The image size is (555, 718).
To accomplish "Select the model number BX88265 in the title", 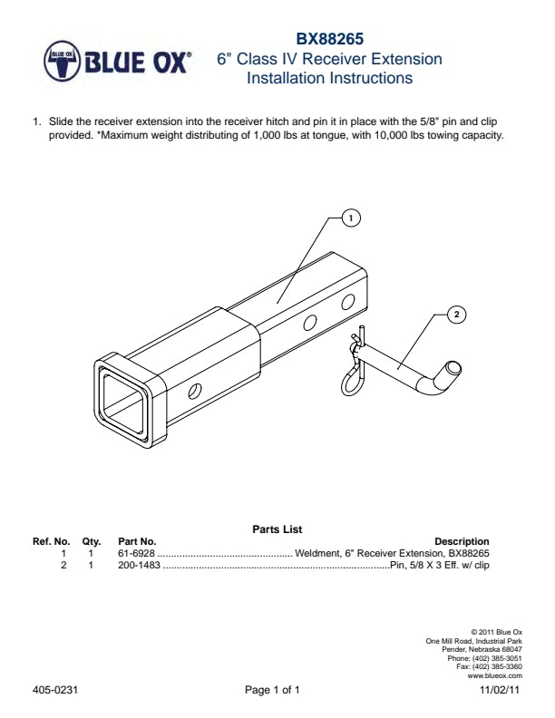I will [329, 40].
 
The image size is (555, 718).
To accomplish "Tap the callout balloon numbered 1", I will [351, 218].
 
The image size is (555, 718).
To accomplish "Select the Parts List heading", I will [277, 529].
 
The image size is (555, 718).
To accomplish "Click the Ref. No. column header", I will [52, 541].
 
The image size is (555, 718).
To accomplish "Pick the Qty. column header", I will [92, 541].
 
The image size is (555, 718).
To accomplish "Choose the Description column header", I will [462, 541].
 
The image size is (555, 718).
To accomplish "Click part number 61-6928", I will [137, 553].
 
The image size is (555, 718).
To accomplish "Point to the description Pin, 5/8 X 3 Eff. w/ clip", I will [439, 565].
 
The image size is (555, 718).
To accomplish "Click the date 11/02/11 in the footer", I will [500, 691].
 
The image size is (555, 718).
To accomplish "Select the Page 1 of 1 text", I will [272, 691].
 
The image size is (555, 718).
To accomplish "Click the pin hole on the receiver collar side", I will [194, 392].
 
